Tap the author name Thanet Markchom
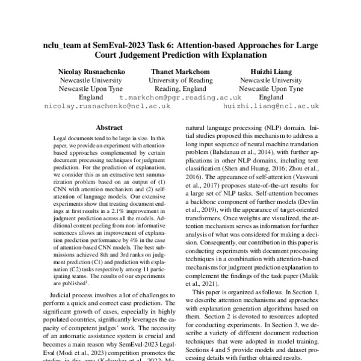click(x=180, y=70)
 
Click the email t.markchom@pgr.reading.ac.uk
click(x=180, y=97)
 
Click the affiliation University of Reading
click(x=180, y=79)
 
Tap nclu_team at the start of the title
click(x=67, y=46)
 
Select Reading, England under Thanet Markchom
click(x=180, y=88)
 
